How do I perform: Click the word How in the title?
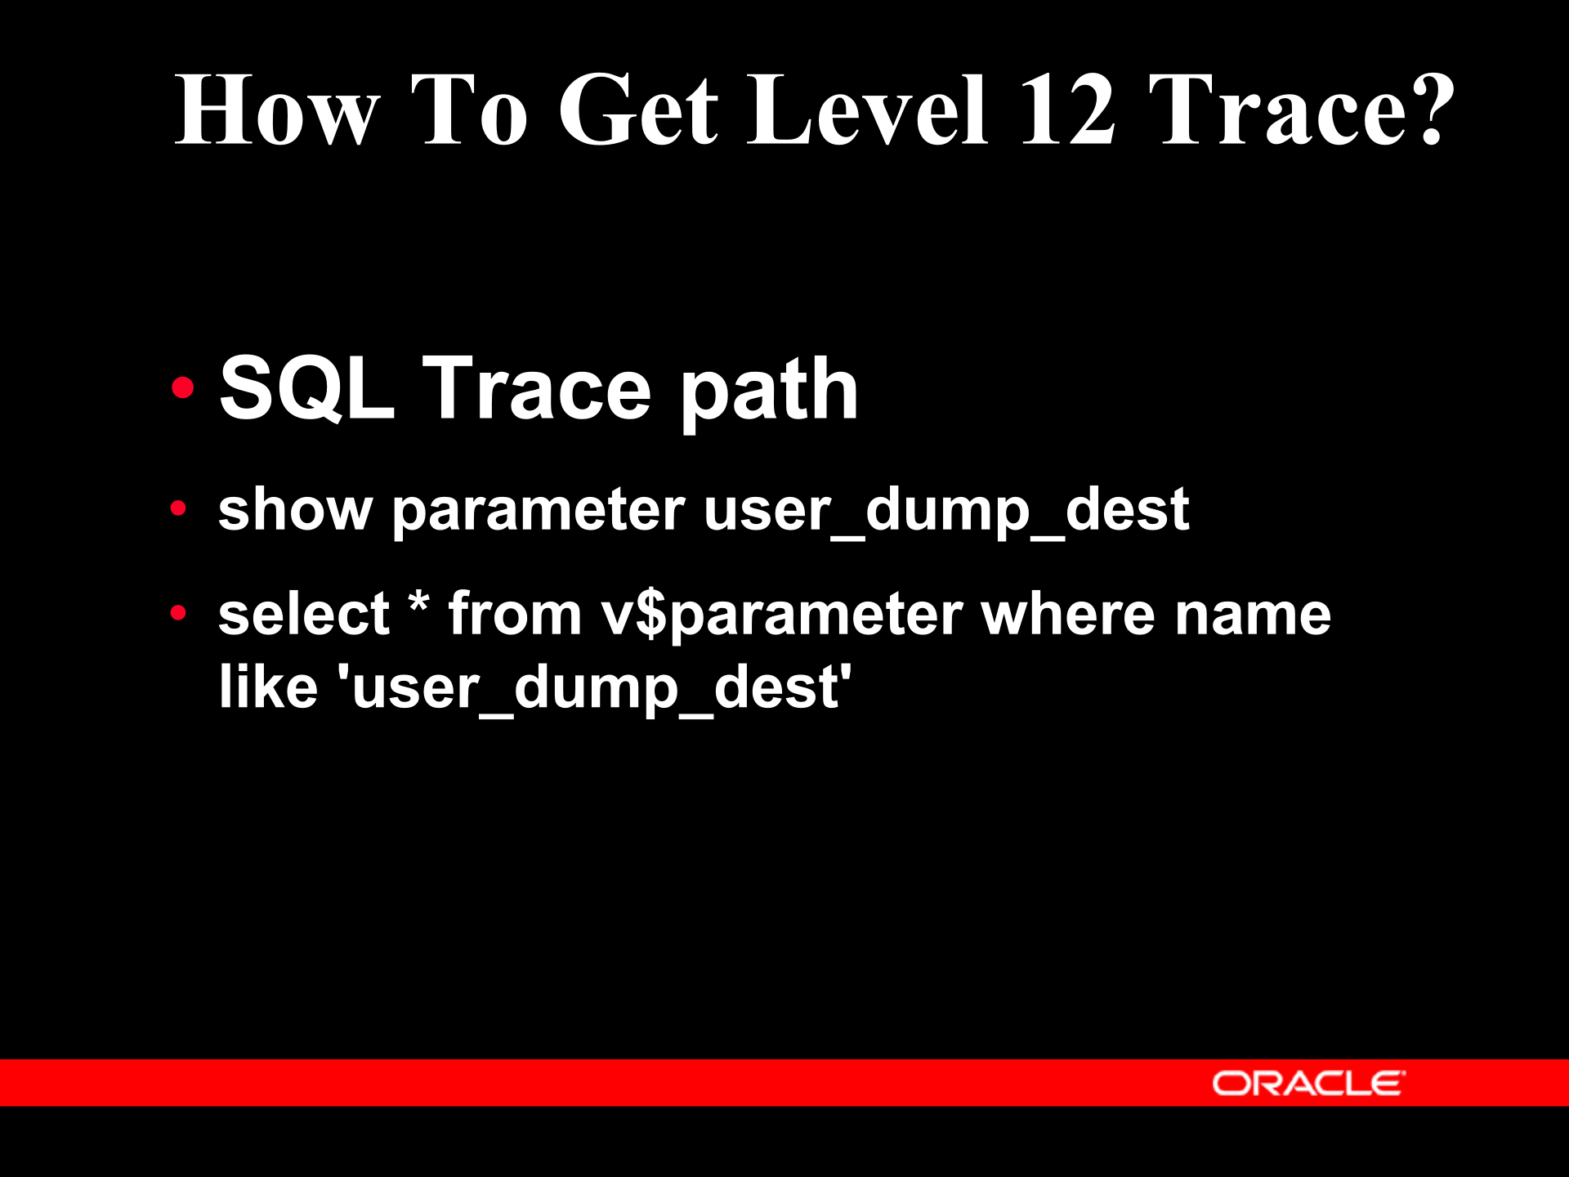(x=278, y=110)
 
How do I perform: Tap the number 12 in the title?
(x=1066, y=110)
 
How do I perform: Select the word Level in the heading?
(x=868, y=110)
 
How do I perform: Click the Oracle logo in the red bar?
(x=1307, y=1084)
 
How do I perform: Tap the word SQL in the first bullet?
(x=306, y=390)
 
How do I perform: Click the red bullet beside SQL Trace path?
(x=183, y=387)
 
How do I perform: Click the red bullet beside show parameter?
(x=179, y=509)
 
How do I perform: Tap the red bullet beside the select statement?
(x=179, y=613)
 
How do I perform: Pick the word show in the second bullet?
(x=295, y=510)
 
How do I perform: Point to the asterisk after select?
(x=418, y=605)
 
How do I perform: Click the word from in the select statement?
(x=515, y=614)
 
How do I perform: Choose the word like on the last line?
(x=268, y=687)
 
